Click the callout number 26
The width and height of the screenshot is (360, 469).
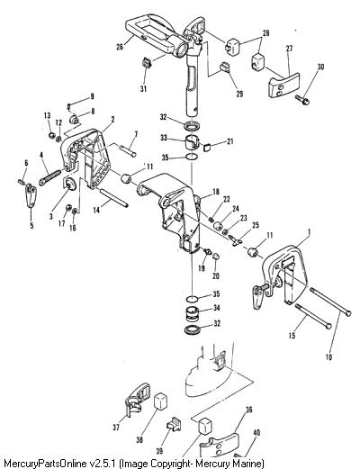[120, 47]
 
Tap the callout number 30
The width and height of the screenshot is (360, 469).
[320, 67]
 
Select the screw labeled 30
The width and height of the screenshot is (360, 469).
[302, 100]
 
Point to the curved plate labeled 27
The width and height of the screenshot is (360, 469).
[283, 85]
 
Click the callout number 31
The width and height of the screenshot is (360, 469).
[144, 88]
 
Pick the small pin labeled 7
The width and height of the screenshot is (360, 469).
[129, 150]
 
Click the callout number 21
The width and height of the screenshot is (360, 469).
[229, 141]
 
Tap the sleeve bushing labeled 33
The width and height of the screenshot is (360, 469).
[191, 143]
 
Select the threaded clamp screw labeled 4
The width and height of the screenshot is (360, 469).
[50, 177]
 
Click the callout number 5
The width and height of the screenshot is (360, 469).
[31, 225]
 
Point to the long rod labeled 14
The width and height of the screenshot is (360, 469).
[113, 197]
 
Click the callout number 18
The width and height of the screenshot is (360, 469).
[216, 192]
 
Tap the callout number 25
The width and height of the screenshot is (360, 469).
[256, 225]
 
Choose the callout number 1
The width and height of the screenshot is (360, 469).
[310, 231]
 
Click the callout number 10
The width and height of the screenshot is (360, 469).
[328, 356]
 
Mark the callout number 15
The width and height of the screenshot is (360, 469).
[292, 335]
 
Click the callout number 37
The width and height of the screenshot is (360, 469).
[116, 427]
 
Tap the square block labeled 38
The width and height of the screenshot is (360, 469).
[160, 401]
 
